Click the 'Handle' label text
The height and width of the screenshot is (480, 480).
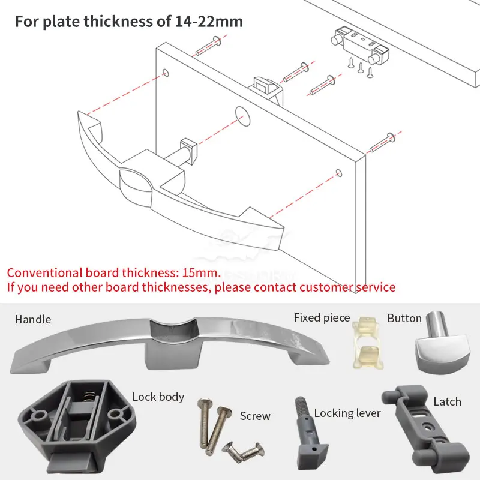(33, 320)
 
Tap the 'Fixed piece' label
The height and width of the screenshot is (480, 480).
(322, 318)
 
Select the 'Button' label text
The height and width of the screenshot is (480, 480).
(404, 318)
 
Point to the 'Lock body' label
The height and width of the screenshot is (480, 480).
(158, 397)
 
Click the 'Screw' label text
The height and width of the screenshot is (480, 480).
(255, 416)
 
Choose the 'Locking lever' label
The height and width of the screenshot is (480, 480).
(347, 413)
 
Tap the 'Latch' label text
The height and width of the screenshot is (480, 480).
(447, 401)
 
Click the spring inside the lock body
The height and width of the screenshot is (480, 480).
(89, 397)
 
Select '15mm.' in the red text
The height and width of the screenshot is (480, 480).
(204, 272)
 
